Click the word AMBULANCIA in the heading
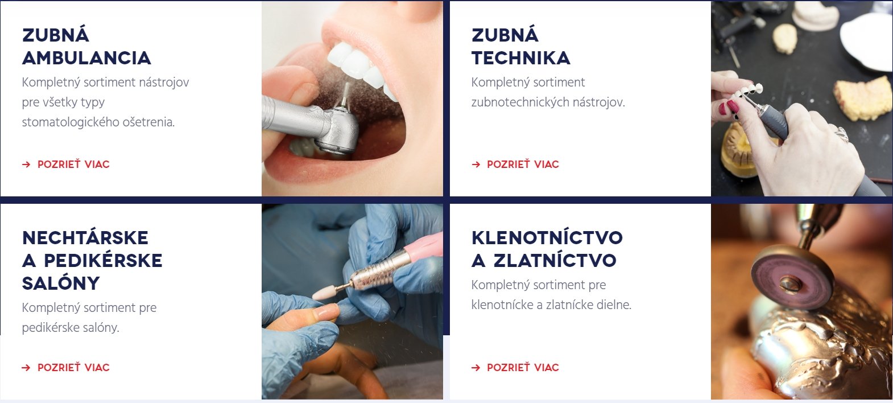[x=86, y=58]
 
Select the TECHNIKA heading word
[x=520, y=58]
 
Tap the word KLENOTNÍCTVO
[x=547, y=238]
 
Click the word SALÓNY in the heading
[x=61, y=283]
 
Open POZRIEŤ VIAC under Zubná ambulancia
[x=73, y=164]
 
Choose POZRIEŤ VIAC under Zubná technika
[x=523, y=164]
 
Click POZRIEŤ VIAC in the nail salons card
[x=73, y=368]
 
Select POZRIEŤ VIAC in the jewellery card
[x=523, y=368]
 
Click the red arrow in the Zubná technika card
[x=476, y=165]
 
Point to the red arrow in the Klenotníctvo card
[x=476, y=368]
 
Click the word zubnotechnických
[x=520, y=102]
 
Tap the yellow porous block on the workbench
[x=863, y=98]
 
